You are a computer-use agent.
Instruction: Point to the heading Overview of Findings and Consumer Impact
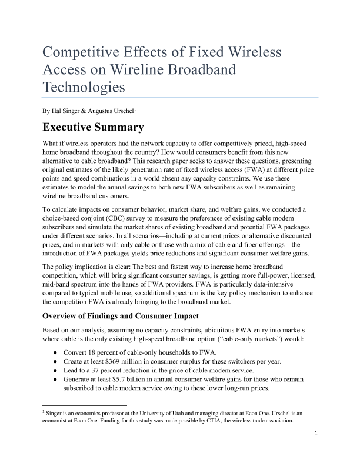point(129,314)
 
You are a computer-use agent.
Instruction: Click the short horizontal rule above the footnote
point(85,405)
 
